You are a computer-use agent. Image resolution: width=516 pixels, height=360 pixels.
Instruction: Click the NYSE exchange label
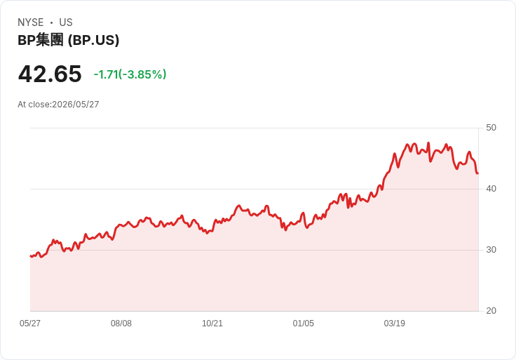pyautogui.click(x=31, y=22)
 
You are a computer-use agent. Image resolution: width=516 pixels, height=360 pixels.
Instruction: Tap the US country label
pyautogui.click(x=66, y=22)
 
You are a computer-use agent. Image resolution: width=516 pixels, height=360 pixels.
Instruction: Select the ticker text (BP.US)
pyautogui.click(x=93, y=40)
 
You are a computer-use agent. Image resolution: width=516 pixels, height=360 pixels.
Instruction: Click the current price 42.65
pyautogui.click(x=50, y=74)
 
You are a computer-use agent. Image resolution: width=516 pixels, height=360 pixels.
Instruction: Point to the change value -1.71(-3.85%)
pyautogui.click(x=130, y=74)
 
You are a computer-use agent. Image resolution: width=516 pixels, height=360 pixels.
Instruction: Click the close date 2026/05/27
pyautogui.click(x=76, y=105)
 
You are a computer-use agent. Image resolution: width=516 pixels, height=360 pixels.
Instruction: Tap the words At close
pyautogui.click(x=34, y=105)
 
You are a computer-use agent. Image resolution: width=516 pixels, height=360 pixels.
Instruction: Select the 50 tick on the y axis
pyautogui.click(x=491, y=128)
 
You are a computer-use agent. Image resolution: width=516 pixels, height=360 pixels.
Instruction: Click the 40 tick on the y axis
pyautogui.click(x=491, y=189)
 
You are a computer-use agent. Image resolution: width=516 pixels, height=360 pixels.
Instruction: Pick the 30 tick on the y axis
pyautogui.click(x=491, y=250)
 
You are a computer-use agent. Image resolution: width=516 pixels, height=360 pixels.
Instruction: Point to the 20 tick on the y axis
pyautogui.click(x=491, y=311)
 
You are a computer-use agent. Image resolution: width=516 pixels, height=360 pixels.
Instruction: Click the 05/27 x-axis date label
pyautogui.click(x=30, y=323)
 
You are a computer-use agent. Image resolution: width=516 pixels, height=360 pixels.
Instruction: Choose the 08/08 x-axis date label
pyautogui.click(x=121, y=323)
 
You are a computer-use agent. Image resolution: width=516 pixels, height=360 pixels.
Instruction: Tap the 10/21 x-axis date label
pyautogui.click(x=212, y=323)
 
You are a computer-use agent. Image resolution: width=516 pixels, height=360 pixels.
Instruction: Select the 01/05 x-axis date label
pyautogui.click(x=304, y=323)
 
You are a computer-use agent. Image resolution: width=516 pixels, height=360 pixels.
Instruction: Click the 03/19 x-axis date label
pyautogui.click(x=394, y=323)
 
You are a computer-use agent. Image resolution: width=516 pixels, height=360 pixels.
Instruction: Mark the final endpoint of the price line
pyautogui.click(x=478, y=173)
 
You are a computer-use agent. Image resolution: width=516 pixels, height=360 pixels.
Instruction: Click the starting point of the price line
pyautogui.click(x=31, y=256)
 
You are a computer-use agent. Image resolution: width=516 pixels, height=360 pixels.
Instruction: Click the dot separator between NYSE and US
pyautogui.click(x=51, y=22)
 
